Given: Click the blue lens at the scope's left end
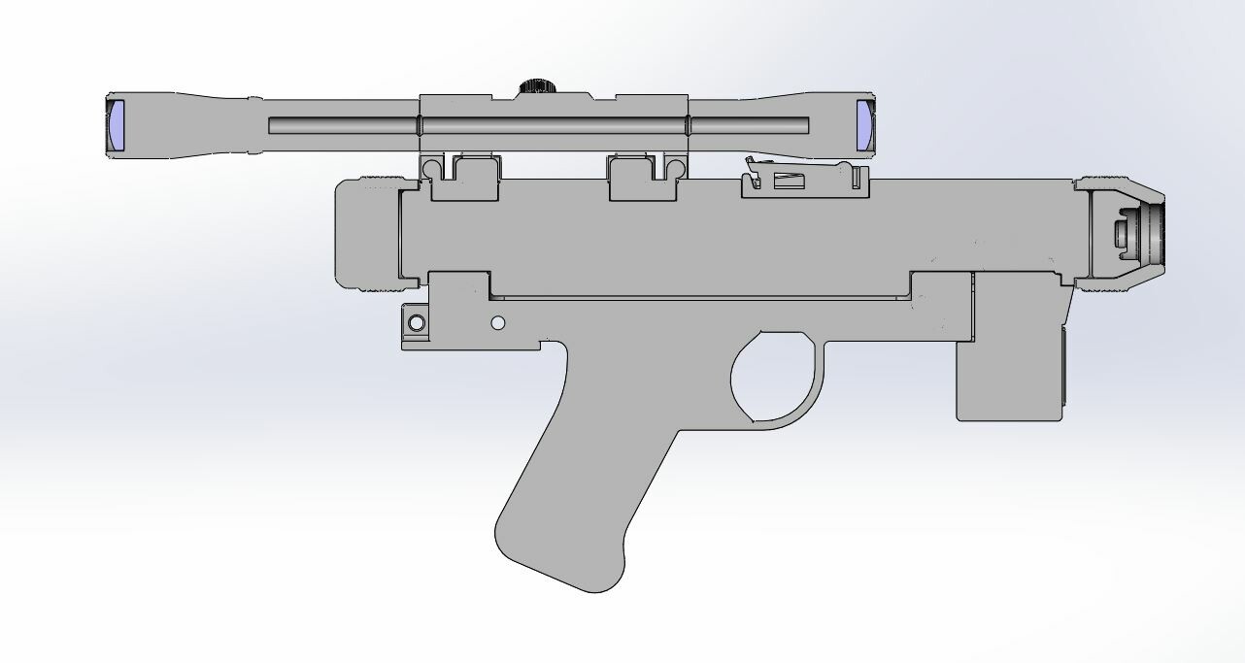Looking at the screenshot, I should tap(117, 126).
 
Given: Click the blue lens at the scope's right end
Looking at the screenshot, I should tap(865, 126).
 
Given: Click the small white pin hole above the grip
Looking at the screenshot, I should tap(498, 322).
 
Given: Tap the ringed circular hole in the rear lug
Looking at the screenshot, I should tap(417, 323).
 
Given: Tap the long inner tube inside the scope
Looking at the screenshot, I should tap(539, 126).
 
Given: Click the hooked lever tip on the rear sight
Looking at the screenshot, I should tap(749, 162).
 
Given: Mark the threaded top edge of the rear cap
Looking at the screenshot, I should tap(379, 179).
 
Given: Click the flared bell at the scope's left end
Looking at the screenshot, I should tap(146, 126).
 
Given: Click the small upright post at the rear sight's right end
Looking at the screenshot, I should tap(858, 178).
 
